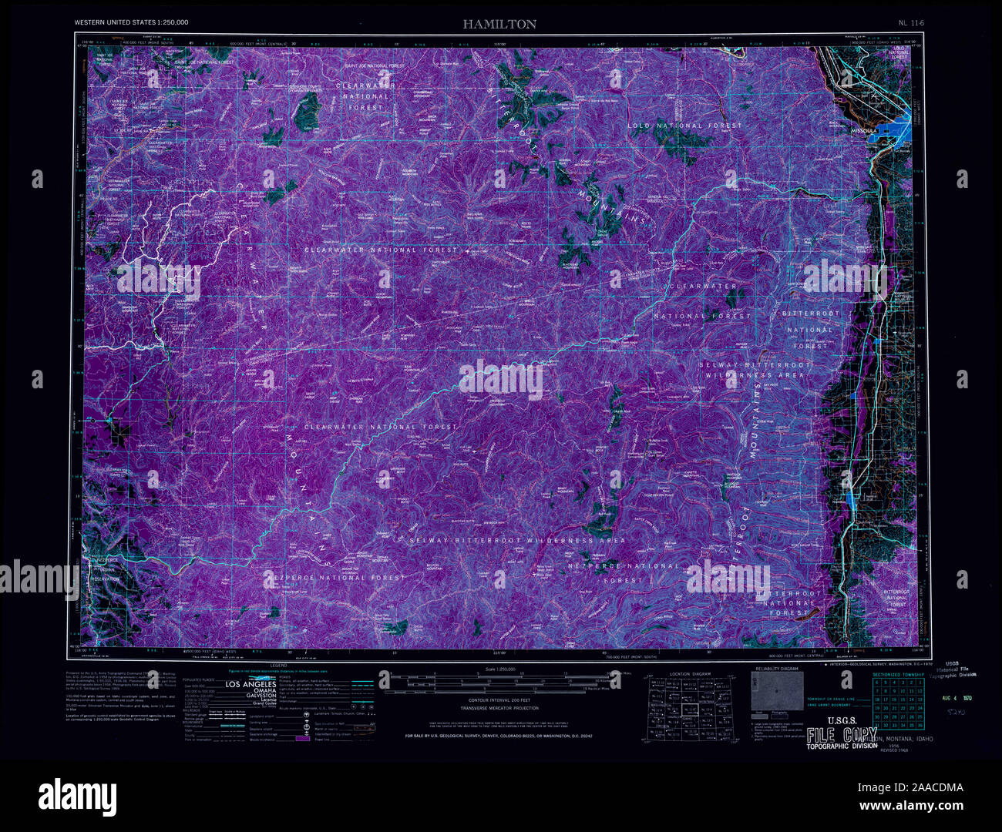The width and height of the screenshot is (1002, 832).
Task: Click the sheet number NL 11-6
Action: click(x=910, y=23)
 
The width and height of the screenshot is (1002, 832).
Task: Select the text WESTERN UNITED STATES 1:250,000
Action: click(x=131, y=23)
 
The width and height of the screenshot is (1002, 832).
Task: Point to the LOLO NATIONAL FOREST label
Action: click(x=684, y=126)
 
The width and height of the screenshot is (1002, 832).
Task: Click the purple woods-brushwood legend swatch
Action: click(x=301, y=738)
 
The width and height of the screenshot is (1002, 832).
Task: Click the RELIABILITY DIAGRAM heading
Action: click(x=776, y=669)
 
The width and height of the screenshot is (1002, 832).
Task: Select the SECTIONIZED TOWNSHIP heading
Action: click(x=898, y=674)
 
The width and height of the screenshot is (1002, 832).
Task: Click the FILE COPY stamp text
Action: click(x=842, y=734)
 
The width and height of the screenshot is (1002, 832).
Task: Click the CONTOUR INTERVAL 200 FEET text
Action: click(x=500, y=700)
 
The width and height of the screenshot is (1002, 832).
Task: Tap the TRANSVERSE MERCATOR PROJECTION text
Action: click(x=500, y=707)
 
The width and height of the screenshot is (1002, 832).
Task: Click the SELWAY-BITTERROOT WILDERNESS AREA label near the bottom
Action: click(x=517, y=541)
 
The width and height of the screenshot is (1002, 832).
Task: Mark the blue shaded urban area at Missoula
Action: click(x=894, y=129)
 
